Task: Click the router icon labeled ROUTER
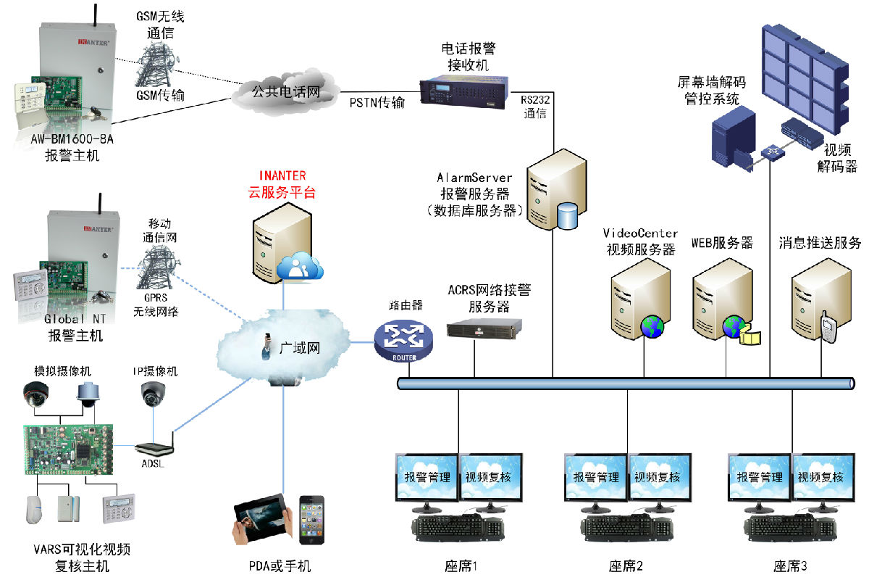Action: pos(403,339)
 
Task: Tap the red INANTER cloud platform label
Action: pos(282,176)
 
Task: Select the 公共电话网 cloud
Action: pos(286,92)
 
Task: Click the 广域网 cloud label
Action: pos(299,348)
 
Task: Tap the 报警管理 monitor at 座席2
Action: pos(596,477)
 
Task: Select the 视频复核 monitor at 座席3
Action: pos(821,477)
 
